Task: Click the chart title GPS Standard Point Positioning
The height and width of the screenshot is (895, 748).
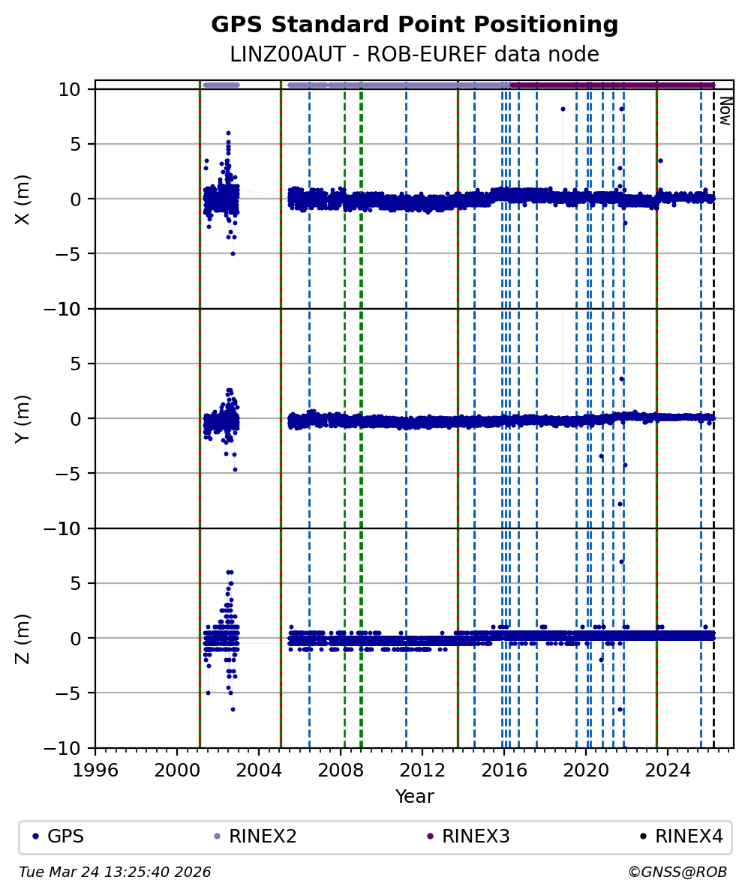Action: (414, 25)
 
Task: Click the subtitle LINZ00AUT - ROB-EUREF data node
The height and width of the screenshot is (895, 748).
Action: (414, 55)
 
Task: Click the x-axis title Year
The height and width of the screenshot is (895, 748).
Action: (414, 796)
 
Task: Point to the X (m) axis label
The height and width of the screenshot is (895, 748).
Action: (23, 199)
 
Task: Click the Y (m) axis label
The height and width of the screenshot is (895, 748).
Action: (23, 418)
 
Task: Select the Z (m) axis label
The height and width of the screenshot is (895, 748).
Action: (23, 638)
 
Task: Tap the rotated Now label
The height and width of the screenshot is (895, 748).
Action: (725, 110)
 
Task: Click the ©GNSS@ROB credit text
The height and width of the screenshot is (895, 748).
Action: (677, 872)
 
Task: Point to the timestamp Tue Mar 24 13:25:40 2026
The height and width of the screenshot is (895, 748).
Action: (115, 872)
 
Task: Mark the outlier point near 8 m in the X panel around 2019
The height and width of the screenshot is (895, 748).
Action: (563, 109)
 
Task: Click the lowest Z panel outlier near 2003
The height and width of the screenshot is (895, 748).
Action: (233, 709)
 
